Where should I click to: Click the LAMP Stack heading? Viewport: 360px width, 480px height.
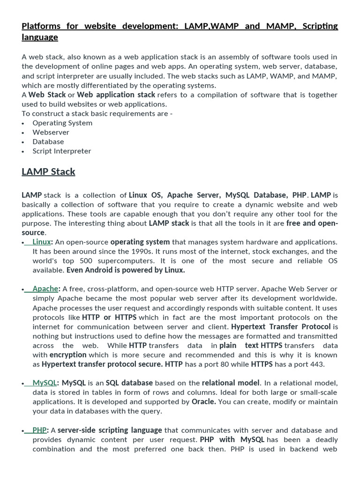[x=48, y=172]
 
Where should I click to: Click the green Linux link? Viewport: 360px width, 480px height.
[x=42, y=242]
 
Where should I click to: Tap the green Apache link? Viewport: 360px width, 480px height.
[x=45, y=289]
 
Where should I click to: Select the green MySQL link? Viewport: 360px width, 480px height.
[x=45, y=383]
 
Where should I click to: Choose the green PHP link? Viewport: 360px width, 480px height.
[x=39, y=430]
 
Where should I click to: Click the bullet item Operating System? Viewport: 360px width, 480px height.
[x=62, y=123]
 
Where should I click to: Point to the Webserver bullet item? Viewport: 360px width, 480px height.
[x=51, y=132]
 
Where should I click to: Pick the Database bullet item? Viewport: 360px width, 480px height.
[x=48, y=142]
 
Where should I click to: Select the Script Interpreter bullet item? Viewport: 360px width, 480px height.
[x=61, y=151]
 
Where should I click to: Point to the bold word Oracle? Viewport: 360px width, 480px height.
[x=203, y=402]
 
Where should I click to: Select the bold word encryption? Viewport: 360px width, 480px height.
[x=68, y=355]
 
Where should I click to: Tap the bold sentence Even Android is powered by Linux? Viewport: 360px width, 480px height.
[x=126, y=270]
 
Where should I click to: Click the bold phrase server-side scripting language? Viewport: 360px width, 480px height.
[x=110, y=430]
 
